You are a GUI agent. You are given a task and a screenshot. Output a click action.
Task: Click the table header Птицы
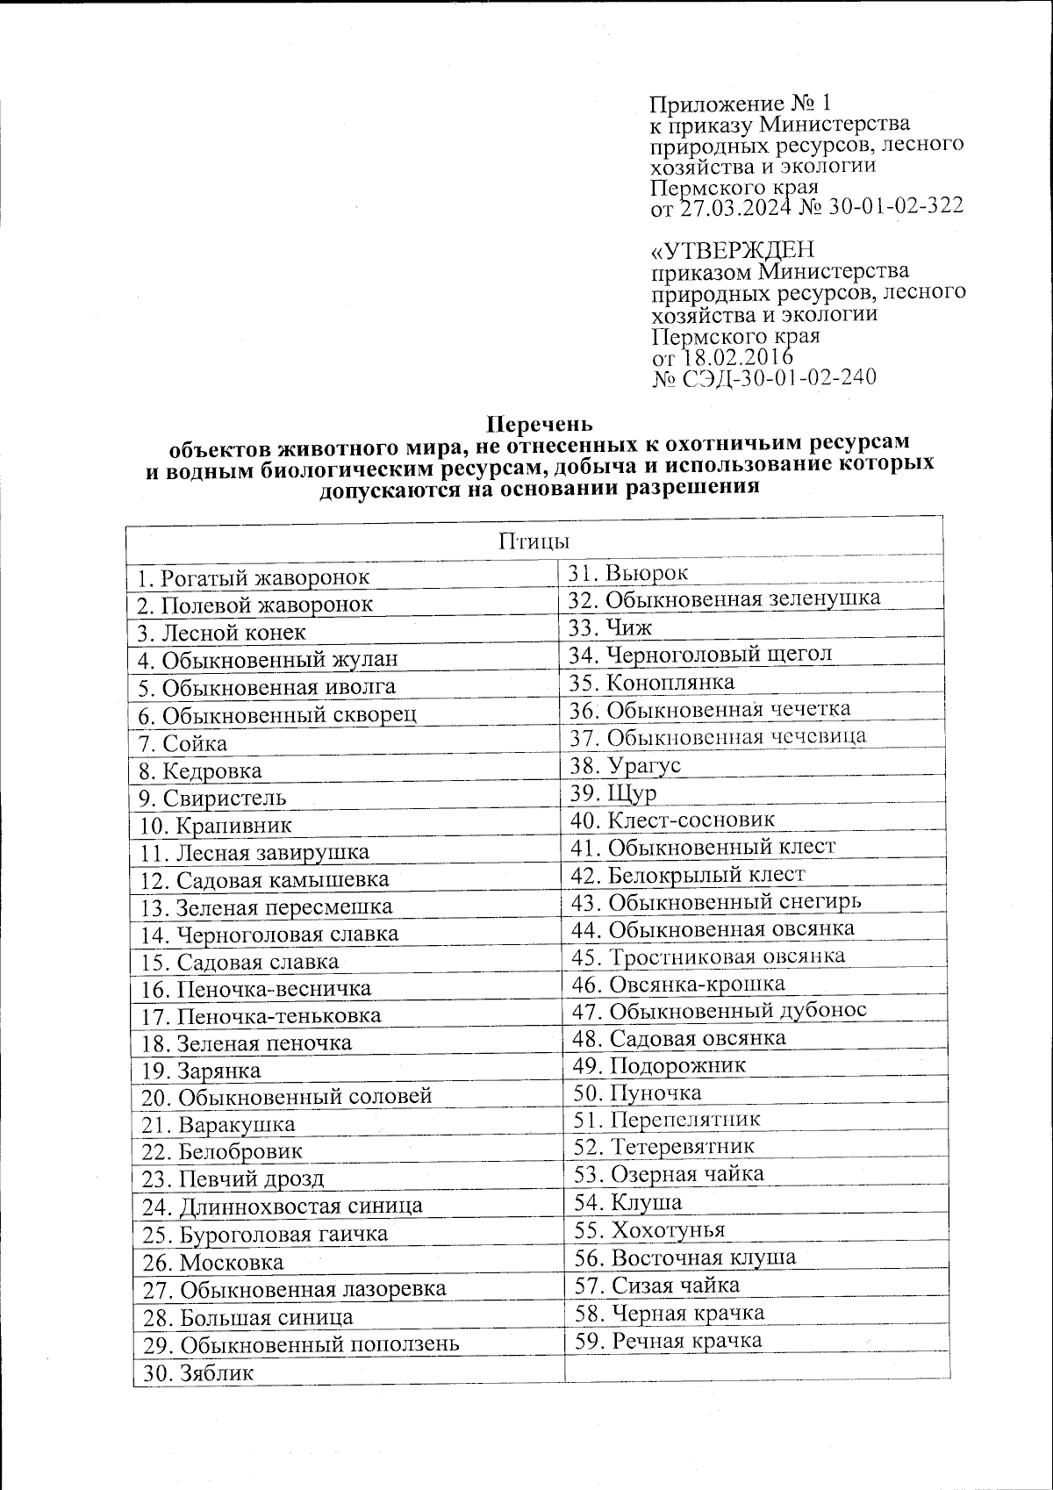[534, 539]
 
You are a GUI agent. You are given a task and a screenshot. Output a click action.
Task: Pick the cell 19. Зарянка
[201, 1071]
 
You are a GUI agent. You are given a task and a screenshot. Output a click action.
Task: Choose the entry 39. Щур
[612, 792]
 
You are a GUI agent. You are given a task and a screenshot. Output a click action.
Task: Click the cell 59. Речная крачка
[669, 1340]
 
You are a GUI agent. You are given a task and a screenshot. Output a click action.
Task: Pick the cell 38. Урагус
[625, 765]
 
